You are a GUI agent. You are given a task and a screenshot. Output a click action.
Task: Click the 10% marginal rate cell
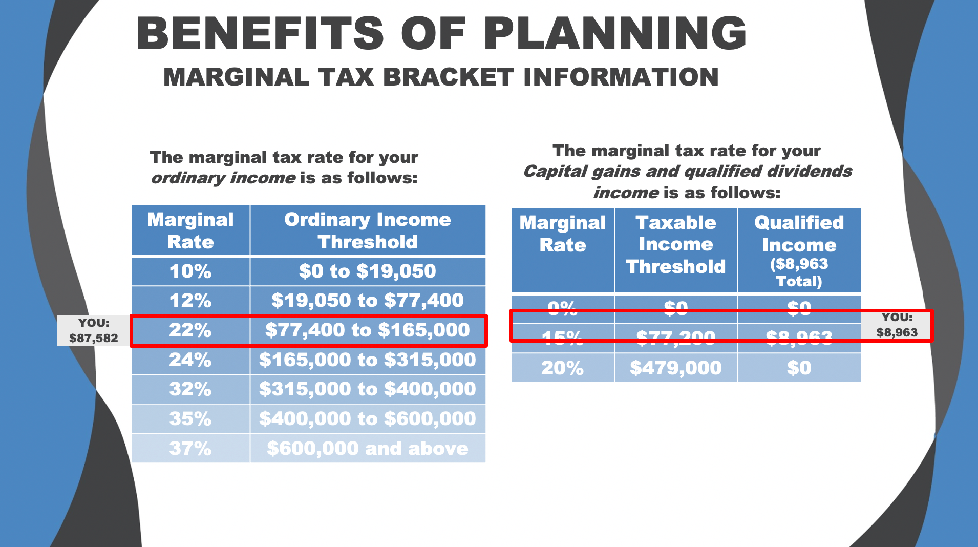tap(190, 271)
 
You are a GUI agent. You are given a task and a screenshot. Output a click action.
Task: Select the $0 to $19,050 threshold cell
tap(367, 271)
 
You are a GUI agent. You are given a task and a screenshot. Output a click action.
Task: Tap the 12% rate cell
tap(190, 300)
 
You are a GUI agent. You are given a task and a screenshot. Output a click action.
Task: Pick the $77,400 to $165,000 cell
tap(367, 330)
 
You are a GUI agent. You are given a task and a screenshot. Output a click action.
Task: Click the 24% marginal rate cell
tap(190, 360)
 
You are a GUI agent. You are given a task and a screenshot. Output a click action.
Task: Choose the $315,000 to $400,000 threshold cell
tap(367, 389)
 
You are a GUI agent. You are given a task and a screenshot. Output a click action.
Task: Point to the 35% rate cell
tap(190, 419)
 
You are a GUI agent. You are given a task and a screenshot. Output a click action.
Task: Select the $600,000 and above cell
tap(367, 449)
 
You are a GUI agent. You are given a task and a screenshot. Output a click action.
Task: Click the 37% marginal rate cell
tap(190, 449)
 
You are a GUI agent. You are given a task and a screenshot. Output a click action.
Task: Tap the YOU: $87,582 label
tap(94, 330)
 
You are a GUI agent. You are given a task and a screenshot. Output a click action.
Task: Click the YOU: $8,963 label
tap(897, 325)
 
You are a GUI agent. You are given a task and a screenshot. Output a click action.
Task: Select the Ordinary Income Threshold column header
tap(367, 230)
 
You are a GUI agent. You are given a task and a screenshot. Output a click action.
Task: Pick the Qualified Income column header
tap(799, 250)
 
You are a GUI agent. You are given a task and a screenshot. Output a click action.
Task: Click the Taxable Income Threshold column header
tap(675, 245)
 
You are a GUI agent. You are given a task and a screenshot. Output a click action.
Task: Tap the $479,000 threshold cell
tap(675, 368)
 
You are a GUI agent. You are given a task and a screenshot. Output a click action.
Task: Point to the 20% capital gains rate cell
tap(562, 368)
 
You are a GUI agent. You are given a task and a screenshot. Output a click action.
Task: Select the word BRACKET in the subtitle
tap(448, 77)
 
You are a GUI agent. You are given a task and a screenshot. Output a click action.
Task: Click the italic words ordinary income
tap(223, 178)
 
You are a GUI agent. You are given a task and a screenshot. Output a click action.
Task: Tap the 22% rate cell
tap(190, 330)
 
